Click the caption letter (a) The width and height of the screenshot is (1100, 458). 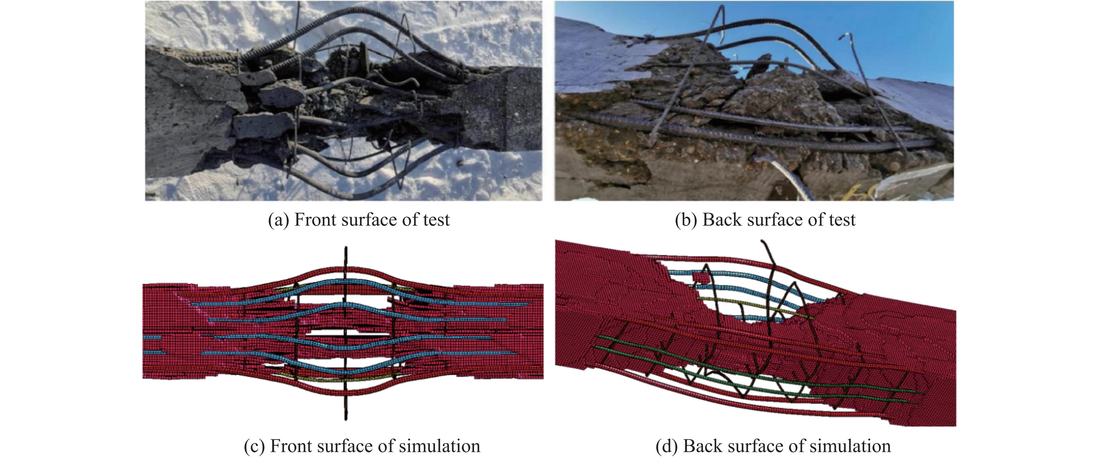(278, 220)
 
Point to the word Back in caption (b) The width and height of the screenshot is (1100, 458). (722, 220)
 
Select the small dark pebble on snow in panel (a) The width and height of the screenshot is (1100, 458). (460, 162)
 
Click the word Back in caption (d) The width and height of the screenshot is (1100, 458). (702, 446)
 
